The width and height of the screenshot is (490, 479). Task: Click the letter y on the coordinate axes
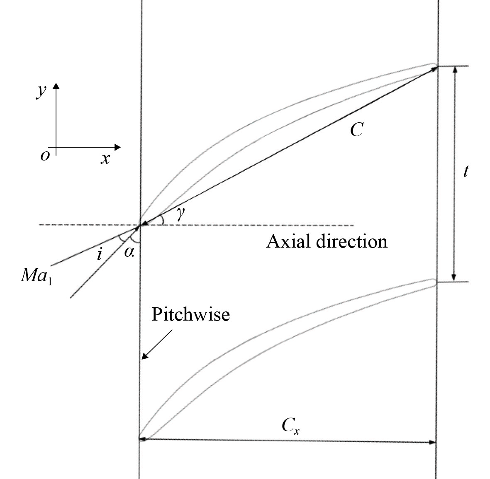[x=41, y=92]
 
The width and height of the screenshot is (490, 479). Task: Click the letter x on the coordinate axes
[x=105, y=158]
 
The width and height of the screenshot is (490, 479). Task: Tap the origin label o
[x=45, y=156]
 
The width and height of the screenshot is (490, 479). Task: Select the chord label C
[x=356, y=130]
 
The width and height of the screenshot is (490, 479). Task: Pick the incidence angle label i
[x=99, y=253]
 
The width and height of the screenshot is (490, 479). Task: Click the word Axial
[x=288, y=241]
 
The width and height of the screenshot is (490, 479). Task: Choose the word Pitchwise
[x=190, y=314]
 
